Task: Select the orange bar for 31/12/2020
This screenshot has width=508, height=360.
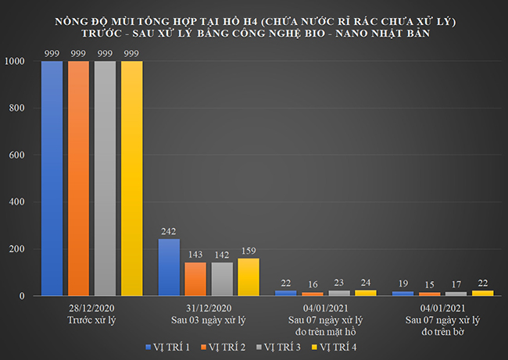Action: pos(195,279)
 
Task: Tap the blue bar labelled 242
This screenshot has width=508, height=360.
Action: pos(169,267)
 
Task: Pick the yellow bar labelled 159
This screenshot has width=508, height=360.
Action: pos(249,276)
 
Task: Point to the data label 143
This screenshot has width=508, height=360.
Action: pos(195,255)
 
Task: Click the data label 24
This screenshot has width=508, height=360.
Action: pos(366,283)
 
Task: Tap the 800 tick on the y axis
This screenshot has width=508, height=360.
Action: pos(17,109)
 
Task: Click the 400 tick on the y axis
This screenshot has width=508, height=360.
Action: pos(17,202)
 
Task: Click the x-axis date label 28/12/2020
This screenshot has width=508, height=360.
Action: pos(91,309)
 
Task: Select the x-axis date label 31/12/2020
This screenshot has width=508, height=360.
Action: pos(208,309)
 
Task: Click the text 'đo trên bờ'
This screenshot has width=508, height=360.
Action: pos(443,331)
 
